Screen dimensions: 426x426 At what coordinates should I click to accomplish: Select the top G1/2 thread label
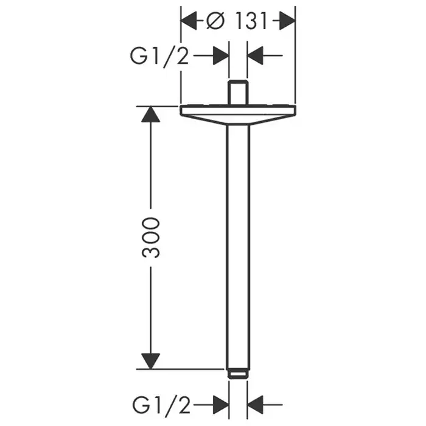coord(159,57)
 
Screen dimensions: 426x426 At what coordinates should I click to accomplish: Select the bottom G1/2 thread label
coord(159,403)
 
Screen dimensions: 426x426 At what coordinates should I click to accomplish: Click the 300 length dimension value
coord(152,237)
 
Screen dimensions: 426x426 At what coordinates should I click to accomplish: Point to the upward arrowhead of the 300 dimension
coord(151,114)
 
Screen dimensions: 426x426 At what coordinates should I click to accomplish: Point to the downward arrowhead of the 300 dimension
coord(151,360)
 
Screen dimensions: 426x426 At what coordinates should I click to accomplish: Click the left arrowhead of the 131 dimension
coord(189,22)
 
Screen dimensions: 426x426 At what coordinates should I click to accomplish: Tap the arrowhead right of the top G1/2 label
coord(221,57)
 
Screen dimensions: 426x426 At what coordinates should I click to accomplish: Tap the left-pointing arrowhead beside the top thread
coord(255,57)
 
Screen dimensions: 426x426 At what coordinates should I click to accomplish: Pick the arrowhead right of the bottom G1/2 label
coord(221,403)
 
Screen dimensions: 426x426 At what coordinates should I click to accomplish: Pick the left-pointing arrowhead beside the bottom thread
coord(255,403)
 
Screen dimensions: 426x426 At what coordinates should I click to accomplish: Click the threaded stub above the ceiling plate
coord(238,93)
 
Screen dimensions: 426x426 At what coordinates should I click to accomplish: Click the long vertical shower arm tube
coord(238,243)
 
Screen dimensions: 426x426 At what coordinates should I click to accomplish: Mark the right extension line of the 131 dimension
coord(295,61)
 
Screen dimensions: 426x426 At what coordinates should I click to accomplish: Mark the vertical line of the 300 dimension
coord(151,170)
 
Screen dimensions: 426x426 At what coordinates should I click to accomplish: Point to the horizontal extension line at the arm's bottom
coord(183,369)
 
